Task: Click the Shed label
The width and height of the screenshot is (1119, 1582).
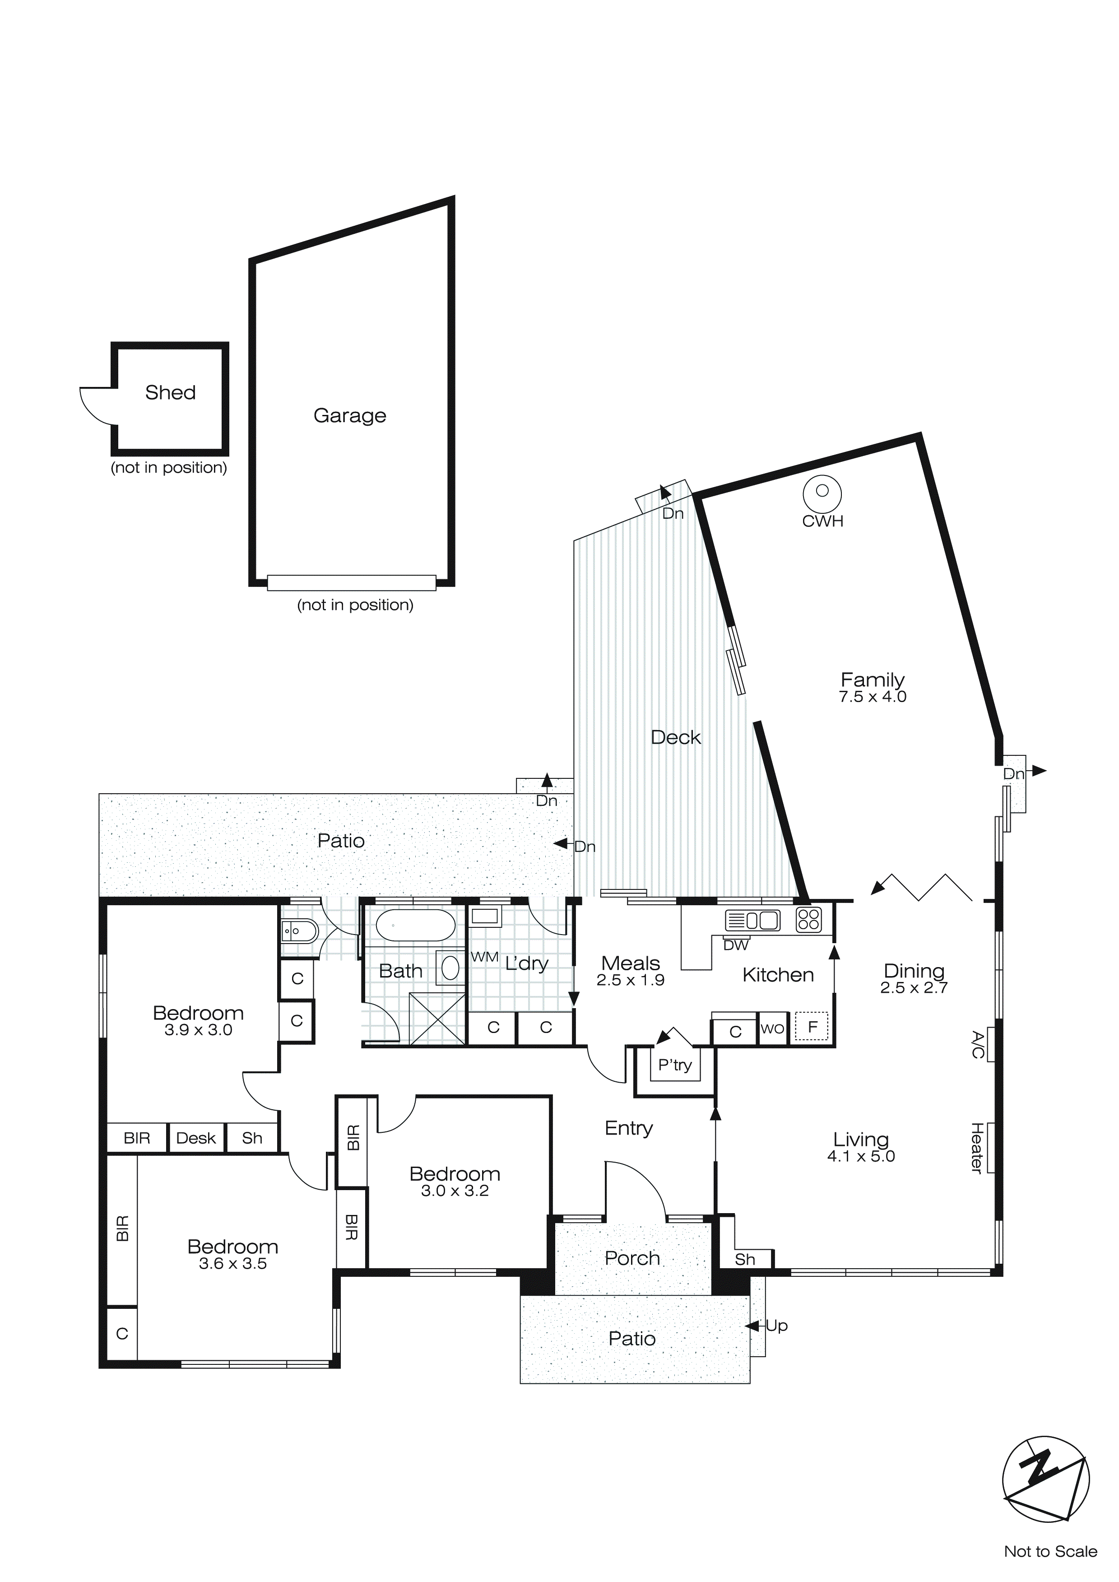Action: coord(170,393)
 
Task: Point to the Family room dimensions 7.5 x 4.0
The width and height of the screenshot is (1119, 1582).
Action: coord(873,697)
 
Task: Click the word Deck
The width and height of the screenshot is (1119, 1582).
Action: coord(675,737)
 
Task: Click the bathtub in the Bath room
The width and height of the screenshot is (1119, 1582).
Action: coord(415,926)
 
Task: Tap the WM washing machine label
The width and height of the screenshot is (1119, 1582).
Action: coord(484,957)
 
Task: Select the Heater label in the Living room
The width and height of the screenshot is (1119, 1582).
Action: coord(977,1148)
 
